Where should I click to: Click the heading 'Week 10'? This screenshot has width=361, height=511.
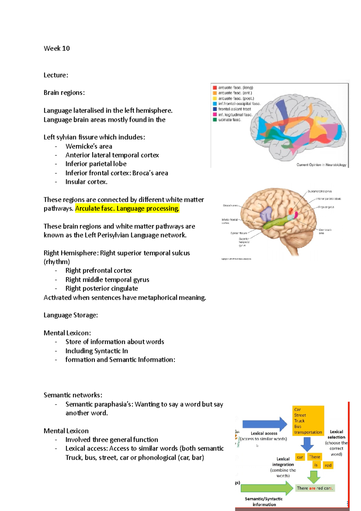point(57,48)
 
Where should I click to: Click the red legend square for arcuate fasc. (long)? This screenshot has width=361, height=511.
point(215,88)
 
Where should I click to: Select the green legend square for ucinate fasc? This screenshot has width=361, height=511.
point(215,120)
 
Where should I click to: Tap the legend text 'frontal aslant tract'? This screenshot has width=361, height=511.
point(234,109)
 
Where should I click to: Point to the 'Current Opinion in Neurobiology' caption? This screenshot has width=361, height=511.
point(321,165)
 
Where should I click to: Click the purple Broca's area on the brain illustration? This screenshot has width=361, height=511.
point(266,214)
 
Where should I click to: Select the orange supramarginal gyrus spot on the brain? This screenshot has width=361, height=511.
point(291,211)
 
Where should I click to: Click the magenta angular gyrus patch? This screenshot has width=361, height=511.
point(296,214)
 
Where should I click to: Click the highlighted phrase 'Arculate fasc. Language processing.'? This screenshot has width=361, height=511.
point(127,208)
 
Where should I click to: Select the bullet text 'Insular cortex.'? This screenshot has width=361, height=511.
point(86,182)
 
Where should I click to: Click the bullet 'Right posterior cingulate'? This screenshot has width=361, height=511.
point(102,288)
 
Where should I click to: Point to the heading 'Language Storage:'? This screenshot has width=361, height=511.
point(71,315)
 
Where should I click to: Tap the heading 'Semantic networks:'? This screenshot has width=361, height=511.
point(73,395)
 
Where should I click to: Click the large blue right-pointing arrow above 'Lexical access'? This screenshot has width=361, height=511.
point(264,424)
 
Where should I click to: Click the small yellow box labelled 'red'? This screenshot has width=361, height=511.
point(328,465)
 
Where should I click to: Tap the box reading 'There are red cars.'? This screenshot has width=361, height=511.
point(315,488)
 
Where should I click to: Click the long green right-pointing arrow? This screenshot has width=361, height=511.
point(267,488)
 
